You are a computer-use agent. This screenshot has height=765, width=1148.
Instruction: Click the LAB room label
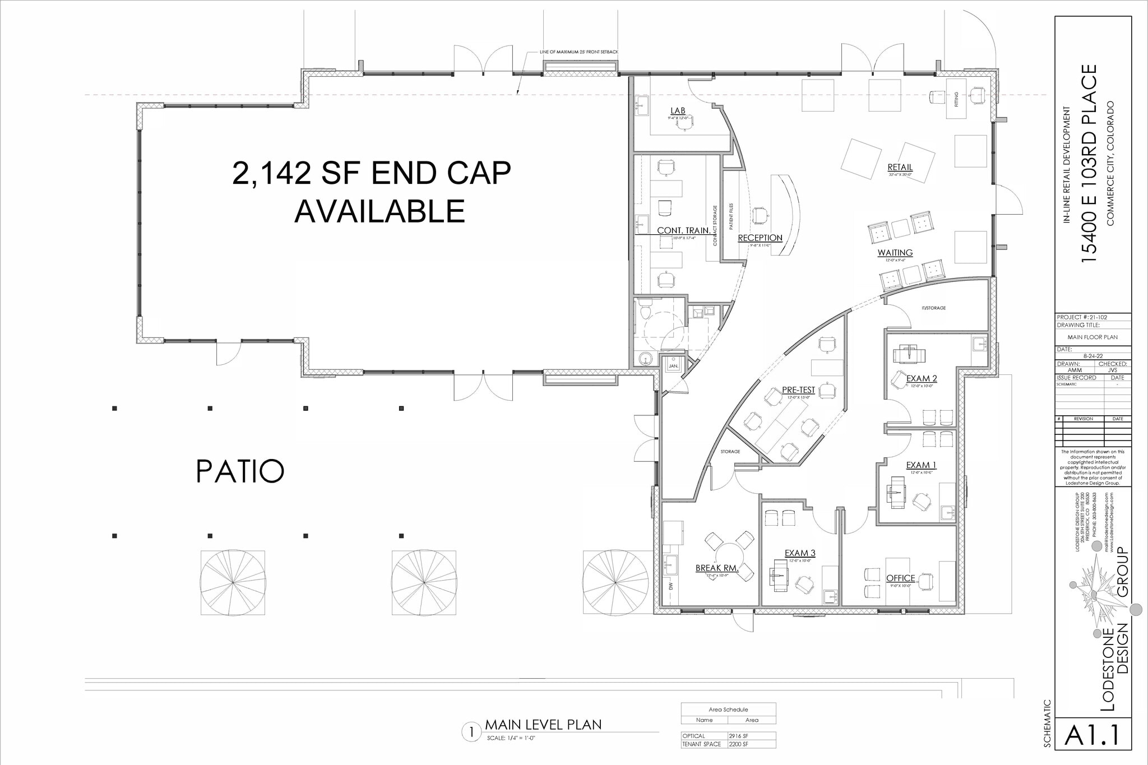point(678,111)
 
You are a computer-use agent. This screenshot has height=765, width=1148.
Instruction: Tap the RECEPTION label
point(760,238)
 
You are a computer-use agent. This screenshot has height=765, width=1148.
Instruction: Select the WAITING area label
point(895,253)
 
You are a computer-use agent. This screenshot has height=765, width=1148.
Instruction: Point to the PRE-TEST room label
point(798,390)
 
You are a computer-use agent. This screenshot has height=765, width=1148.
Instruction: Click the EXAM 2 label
point(922,379)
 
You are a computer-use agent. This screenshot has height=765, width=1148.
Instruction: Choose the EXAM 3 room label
point(800,553)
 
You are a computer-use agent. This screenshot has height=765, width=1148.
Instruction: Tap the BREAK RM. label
point(717,568)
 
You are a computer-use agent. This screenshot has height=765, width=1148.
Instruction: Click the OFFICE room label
point(900,578)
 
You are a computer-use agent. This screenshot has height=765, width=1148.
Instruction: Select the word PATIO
point(240,471)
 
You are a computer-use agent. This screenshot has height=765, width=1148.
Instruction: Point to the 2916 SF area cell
point(738,736)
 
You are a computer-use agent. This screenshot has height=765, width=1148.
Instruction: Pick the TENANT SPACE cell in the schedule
point(701,744)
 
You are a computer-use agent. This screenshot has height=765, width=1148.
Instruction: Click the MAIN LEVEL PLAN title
point(543,725)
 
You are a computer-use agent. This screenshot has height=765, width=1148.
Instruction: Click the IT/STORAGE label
point(933,308)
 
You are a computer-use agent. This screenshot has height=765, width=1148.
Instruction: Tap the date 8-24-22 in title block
point(1093,355)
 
